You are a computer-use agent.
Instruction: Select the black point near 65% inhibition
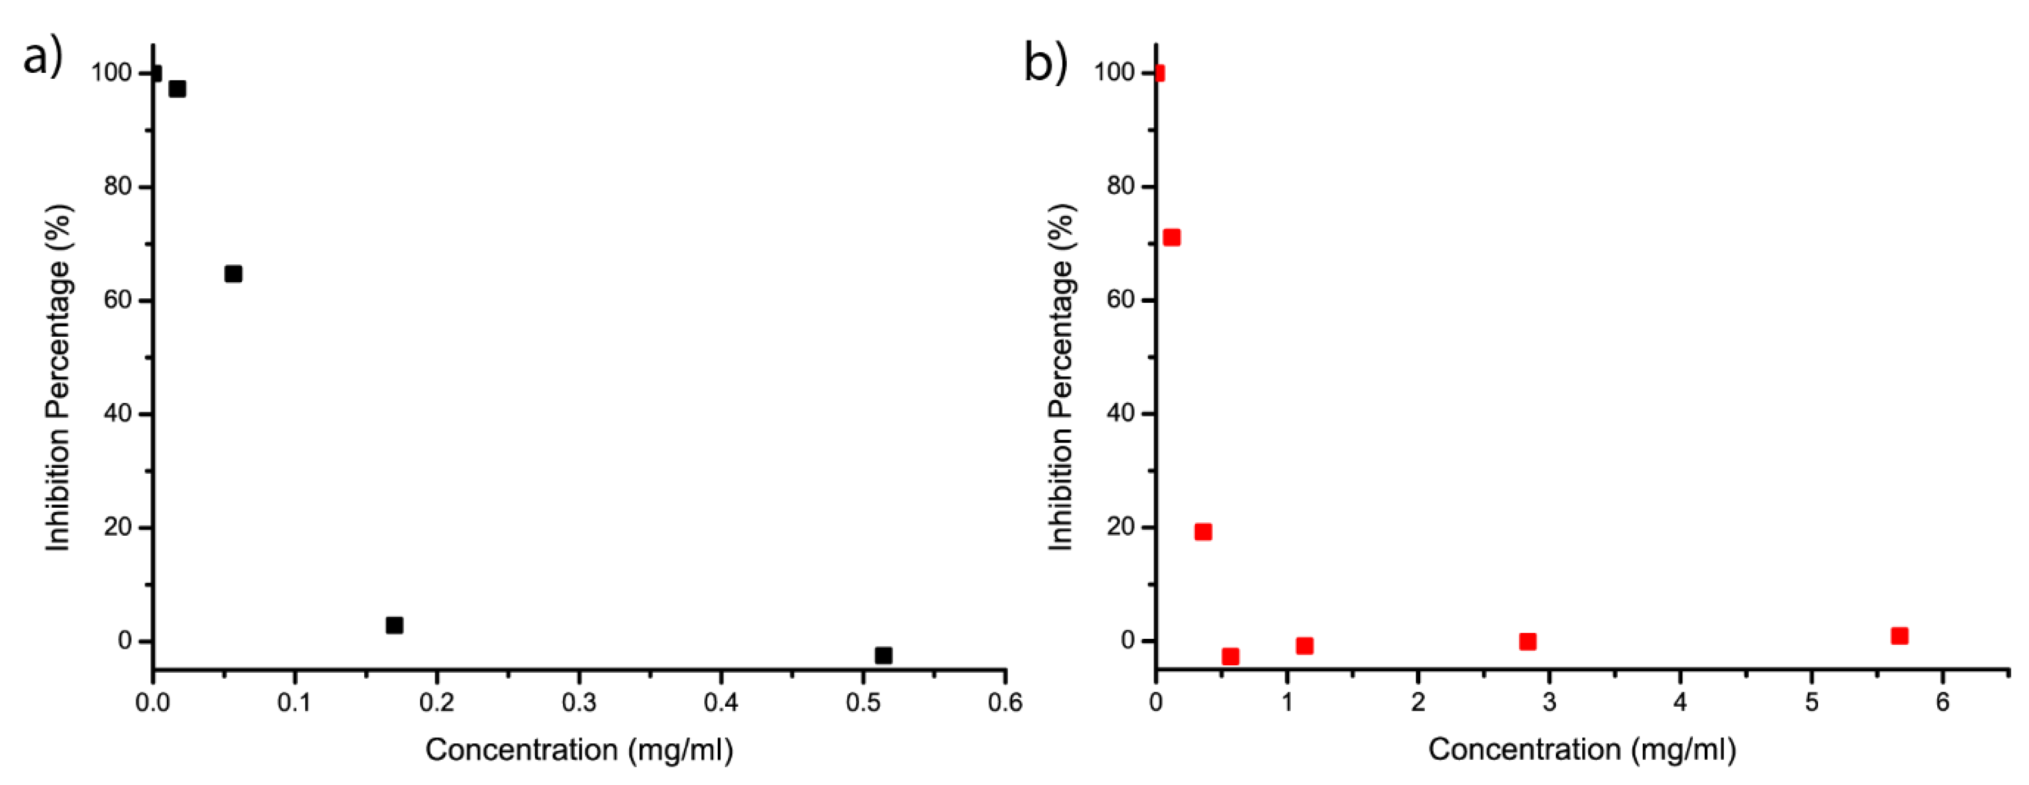click(233, 274)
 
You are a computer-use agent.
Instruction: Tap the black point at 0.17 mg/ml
click(394, 625)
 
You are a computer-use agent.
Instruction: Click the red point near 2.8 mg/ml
click(1527, 641)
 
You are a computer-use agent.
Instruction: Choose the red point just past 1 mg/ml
click(1304, 646)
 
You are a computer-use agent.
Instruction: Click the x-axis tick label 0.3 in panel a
click(579, 702)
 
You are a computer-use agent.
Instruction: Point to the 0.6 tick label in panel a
click(1005, 702)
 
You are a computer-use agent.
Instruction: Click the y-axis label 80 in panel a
click(117, 187)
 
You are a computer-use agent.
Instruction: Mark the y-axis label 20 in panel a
click(117, 528)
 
